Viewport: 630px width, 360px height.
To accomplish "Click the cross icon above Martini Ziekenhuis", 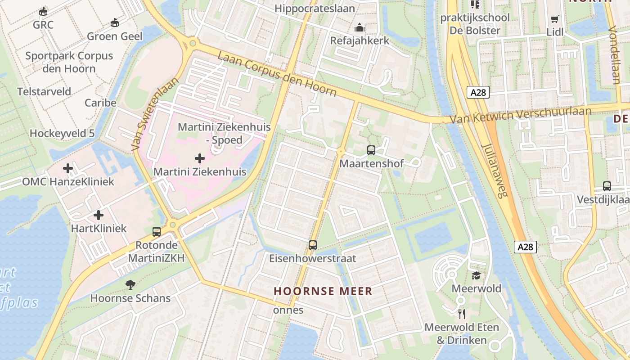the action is (199, 158).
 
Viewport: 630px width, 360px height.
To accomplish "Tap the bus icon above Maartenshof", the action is (371, 150).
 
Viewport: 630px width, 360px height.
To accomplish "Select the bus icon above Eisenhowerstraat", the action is (313, 245).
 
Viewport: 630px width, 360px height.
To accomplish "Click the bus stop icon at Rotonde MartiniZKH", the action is (157, 232).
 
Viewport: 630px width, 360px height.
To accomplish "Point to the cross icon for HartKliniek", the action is (99, 215).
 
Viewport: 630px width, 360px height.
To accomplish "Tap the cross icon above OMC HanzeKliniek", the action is (68, 168).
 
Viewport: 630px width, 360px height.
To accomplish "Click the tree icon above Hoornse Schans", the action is (130, 284).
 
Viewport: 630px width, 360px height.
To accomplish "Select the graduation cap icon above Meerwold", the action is (476, 275).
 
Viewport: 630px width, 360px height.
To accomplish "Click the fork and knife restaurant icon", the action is (461, 314).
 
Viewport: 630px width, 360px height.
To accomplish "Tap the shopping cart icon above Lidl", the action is (554, 19).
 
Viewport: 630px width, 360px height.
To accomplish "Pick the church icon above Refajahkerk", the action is (359, 28).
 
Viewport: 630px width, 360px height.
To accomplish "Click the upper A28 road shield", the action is (478, 92).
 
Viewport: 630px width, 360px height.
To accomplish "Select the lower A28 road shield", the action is (525, 247).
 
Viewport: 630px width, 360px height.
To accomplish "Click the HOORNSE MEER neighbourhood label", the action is (323, 291).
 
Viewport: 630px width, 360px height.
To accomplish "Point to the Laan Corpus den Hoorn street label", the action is (277, 74).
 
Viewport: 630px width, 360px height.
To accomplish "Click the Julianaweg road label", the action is (494, 170).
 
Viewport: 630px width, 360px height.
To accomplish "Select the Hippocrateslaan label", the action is (315, 9).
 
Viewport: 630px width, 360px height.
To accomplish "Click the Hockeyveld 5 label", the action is (62, 133).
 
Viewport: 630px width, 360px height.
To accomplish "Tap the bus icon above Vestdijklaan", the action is (607, 186).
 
